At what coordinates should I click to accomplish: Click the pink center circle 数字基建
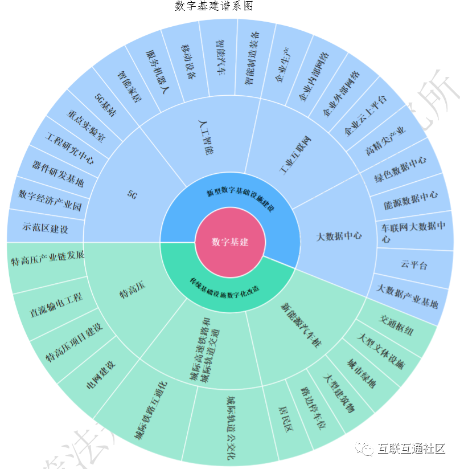coord(230,242)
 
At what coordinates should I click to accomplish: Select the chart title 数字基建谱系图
coord(213,6)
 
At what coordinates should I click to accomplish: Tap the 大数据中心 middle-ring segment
coord(339,235)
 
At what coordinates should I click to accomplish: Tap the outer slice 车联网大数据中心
coord(414,233)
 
